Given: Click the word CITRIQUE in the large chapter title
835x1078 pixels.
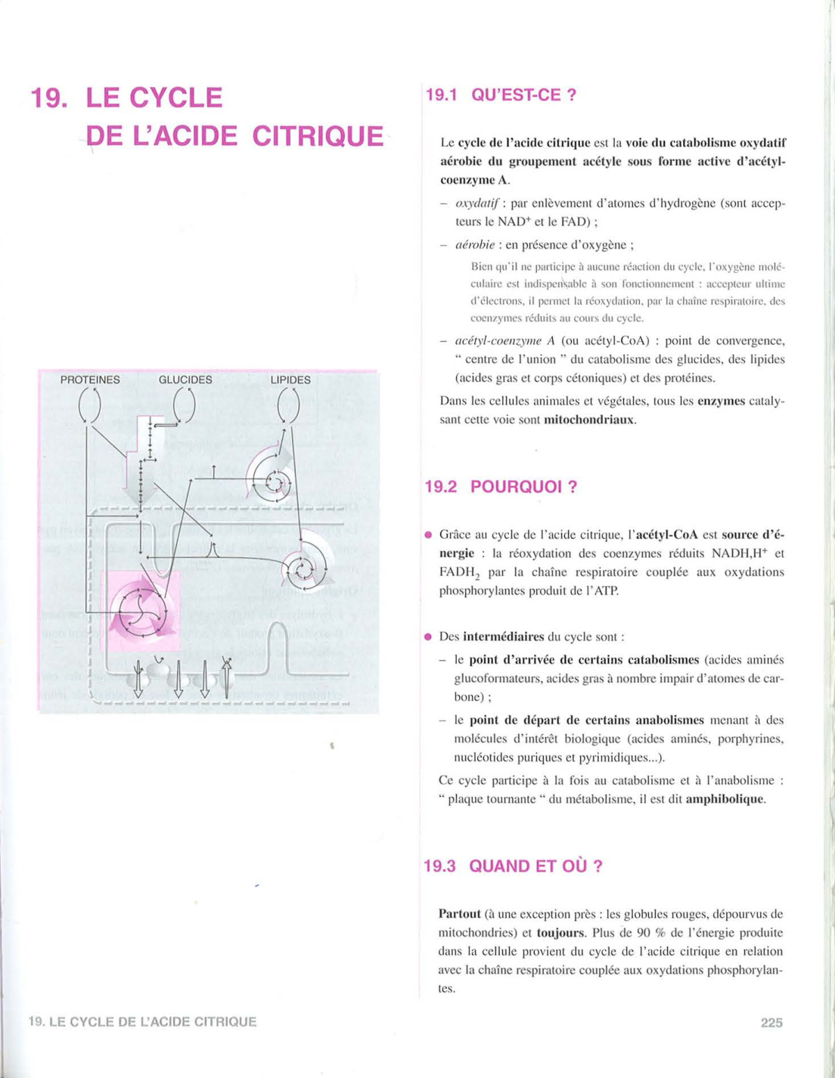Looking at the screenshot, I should click(318, 136).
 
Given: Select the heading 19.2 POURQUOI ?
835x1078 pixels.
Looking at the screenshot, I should click(501, 487).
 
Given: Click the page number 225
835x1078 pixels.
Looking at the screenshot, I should click(771, 1023).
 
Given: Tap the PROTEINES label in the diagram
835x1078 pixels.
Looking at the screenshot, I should click(90, 379).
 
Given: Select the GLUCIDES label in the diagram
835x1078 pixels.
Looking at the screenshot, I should click(185, 379).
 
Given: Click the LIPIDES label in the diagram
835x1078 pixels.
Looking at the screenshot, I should click(290, 379).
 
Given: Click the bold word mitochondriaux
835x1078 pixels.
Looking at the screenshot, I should click(590, 420).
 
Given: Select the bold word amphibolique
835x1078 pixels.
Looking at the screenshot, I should click(725, 799).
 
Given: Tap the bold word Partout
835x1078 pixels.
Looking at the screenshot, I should click(459, 914).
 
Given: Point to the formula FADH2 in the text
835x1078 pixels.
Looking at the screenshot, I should click(457, 573).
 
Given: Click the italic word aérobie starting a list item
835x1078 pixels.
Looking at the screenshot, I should click(474, 245).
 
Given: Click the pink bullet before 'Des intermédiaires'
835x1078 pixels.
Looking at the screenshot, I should click(428, 637).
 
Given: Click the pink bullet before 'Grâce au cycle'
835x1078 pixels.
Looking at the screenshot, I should click(428, 535).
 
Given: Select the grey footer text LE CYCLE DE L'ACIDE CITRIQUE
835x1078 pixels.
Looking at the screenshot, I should click(151, 1022).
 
